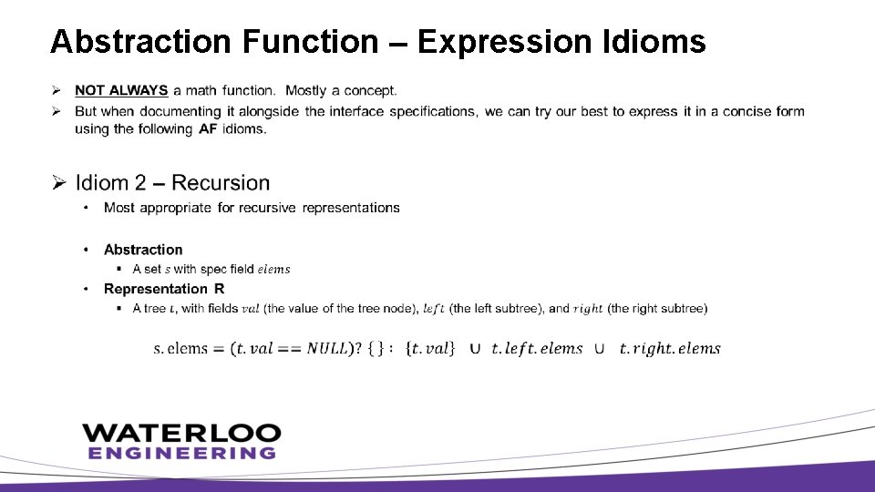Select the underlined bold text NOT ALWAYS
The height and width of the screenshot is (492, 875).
tap(121, 90)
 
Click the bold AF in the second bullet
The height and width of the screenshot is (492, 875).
tap(208, 128)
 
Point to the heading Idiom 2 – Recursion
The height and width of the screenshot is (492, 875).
tap(172, 183)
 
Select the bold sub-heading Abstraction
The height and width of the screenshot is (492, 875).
tap(143, 250)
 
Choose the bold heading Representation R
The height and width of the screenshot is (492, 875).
tap(164, 289)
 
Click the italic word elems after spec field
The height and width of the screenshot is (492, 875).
tap(273, 269)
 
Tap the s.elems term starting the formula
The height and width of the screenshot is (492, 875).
tap(180, 349)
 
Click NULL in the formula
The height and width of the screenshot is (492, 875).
tap(326, 349)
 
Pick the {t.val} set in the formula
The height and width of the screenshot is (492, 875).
tap(428, 349)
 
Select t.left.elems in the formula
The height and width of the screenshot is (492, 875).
tap(536, 349)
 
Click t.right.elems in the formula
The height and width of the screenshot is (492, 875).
tap(669, 349)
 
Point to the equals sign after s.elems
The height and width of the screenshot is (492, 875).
tap(219, 349)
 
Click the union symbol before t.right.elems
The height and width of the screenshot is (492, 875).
tap(600, 349)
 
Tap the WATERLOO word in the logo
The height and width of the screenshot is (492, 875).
tap(181, 432)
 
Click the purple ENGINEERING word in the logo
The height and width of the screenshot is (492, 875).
tap(181, 453)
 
